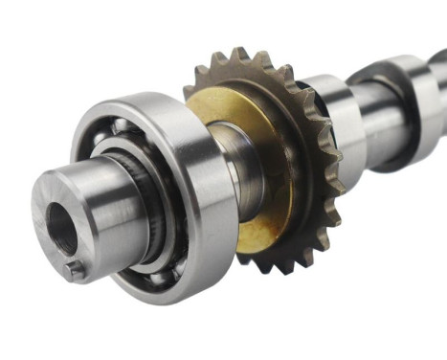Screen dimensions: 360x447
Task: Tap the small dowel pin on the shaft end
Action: [x=77, y=270]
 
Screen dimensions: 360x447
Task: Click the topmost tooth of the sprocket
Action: [x=240, y=56]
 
